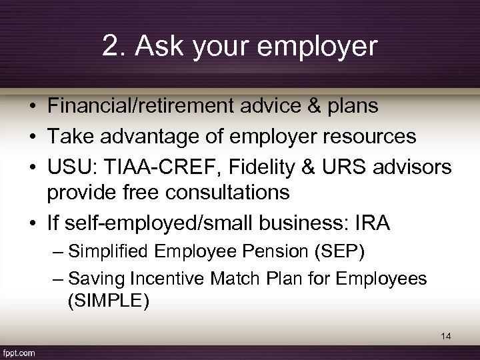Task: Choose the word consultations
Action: (x=226, y=193)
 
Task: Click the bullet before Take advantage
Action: (x=32, y=137)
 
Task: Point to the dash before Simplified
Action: (x=57, y=253)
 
